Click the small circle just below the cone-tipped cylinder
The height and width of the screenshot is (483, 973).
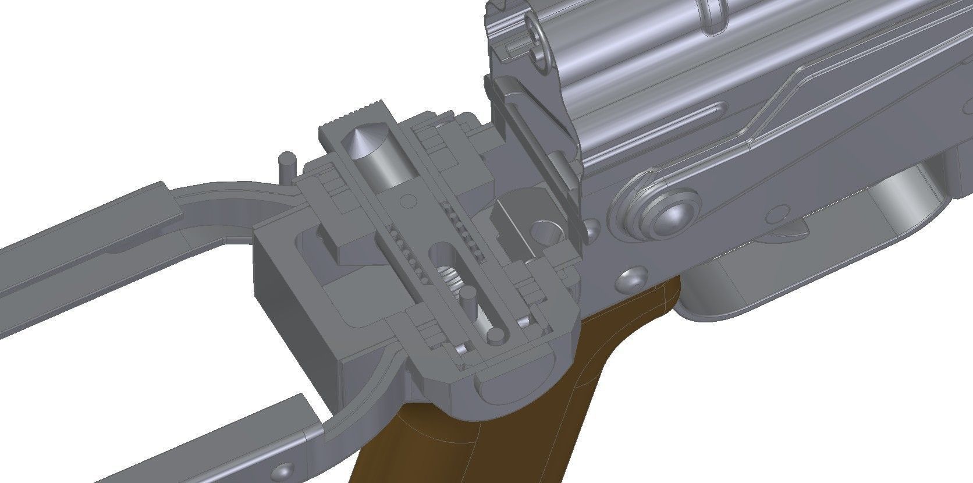[x=408, y=200]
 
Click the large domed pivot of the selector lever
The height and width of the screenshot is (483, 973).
[x=669, y=215]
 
